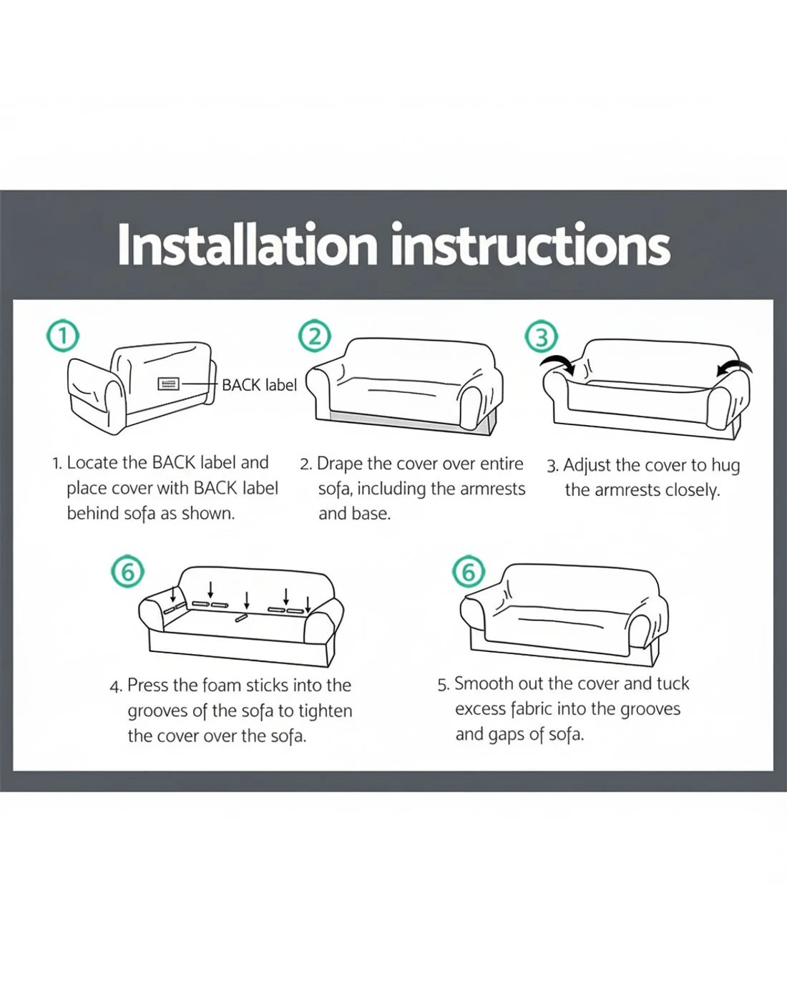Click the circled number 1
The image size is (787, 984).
(x=63, y=335)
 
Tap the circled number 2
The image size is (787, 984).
(x=314, y=337)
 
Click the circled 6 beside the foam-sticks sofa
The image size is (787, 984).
(x=127, y=571)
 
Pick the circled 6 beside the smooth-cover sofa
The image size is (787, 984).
(x=469, y=572)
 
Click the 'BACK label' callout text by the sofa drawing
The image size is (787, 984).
(x=259, y=385)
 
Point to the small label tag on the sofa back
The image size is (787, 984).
(x=169, y=384)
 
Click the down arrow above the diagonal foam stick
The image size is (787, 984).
(x=247, y=600)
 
